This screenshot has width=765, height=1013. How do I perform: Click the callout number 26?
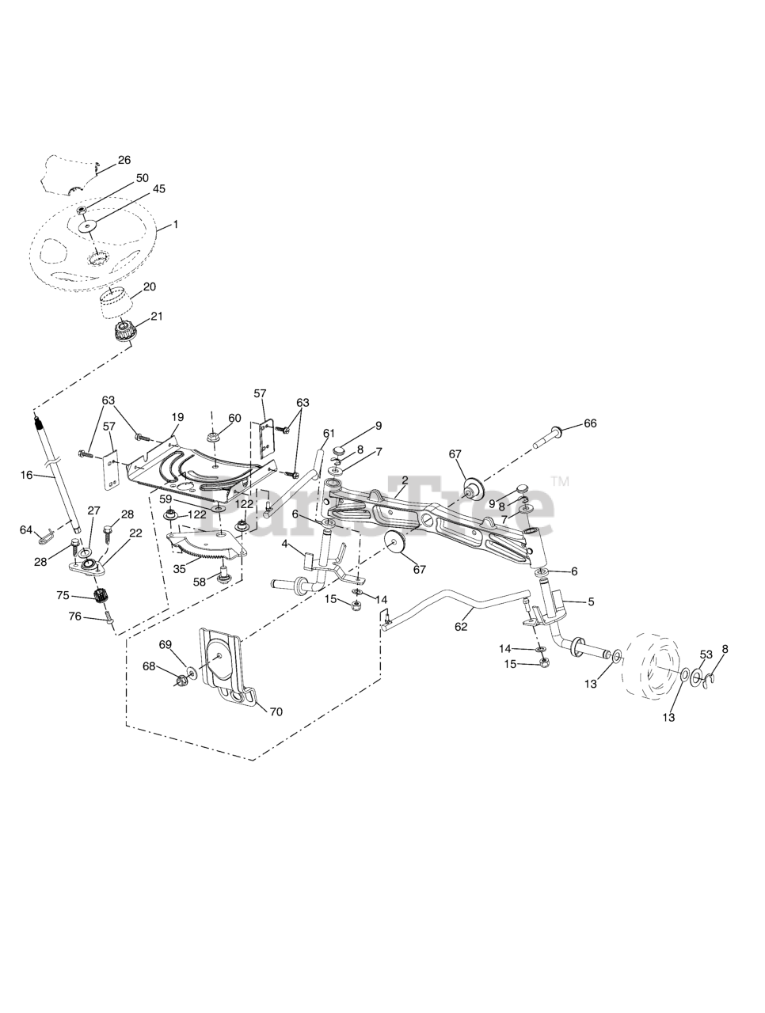(x=124, y=160)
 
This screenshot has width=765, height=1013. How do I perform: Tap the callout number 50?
(x=142, y=178)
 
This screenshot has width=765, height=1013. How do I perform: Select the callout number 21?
(x=156, y=317)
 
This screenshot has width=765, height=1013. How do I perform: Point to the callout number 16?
(x=26, y=475)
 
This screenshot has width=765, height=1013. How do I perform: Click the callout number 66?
(x=590, y=423)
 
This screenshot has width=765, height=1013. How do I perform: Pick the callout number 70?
(x=276, y=711)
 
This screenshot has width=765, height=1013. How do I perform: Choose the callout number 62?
(x=461, y=626)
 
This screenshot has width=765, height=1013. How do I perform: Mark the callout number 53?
(x=706, y=654)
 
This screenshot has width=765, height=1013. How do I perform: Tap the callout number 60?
(x=234, y=418)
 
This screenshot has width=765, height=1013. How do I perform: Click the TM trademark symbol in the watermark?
(x=560, y=480)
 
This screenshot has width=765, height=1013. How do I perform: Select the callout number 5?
(x=591, y=601)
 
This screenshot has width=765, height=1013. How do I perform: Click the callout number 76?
(x=74, y=617)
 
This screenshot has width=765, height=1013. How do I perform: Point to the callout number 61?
(x=329, y=433)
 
